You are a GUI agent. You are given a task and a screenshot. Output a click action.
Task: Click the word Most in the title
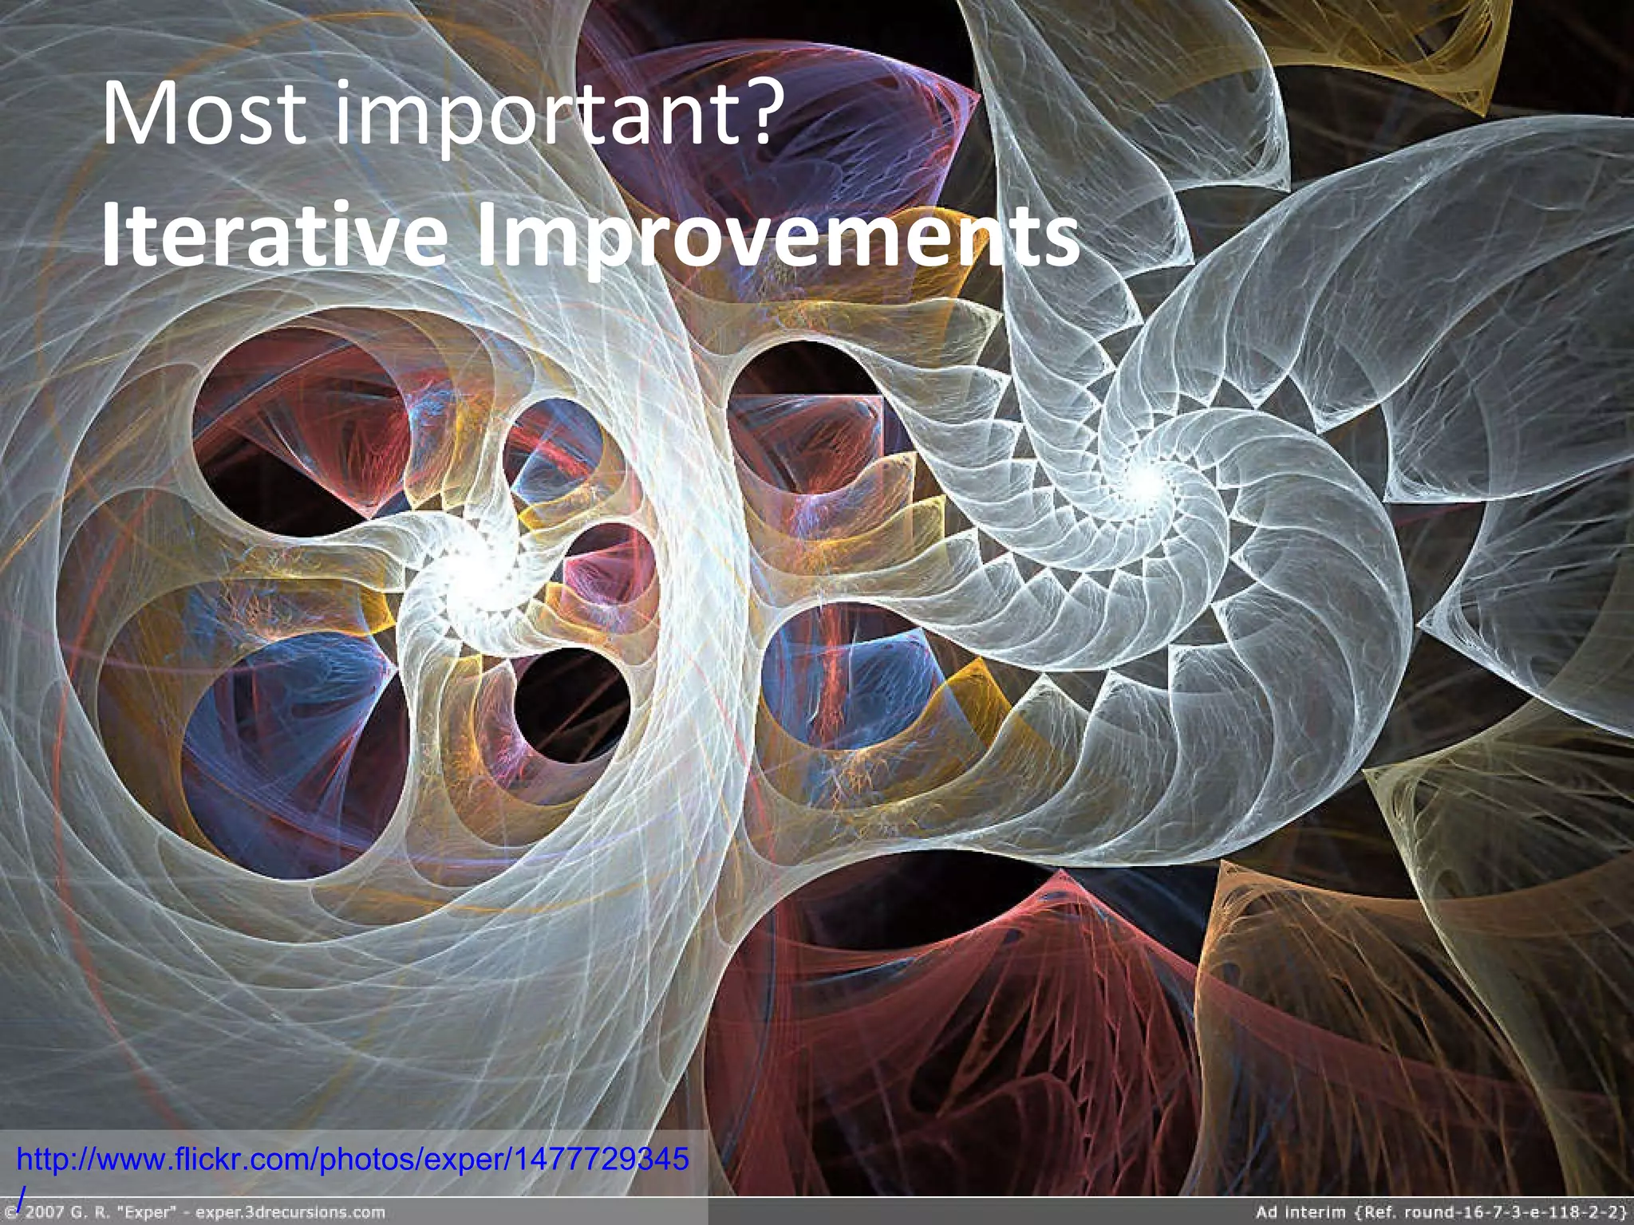pyautogui.click(x=204, y=113)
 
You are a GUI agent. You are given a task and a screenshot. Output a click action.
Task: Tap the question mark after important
pyautogui.click(x=753, y=113)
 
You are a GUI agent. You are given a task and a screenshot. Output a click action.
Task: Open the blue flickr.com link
pyautogui.click(x=351, y=1159)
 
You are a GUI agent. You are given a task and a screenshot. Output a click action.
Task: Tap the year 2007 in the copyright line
pyautogui.click(x=44, y=1213)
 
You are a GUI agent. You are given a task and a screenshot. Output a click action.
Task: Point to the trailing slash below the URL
pyautogui.click(x=22, y=1194)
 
